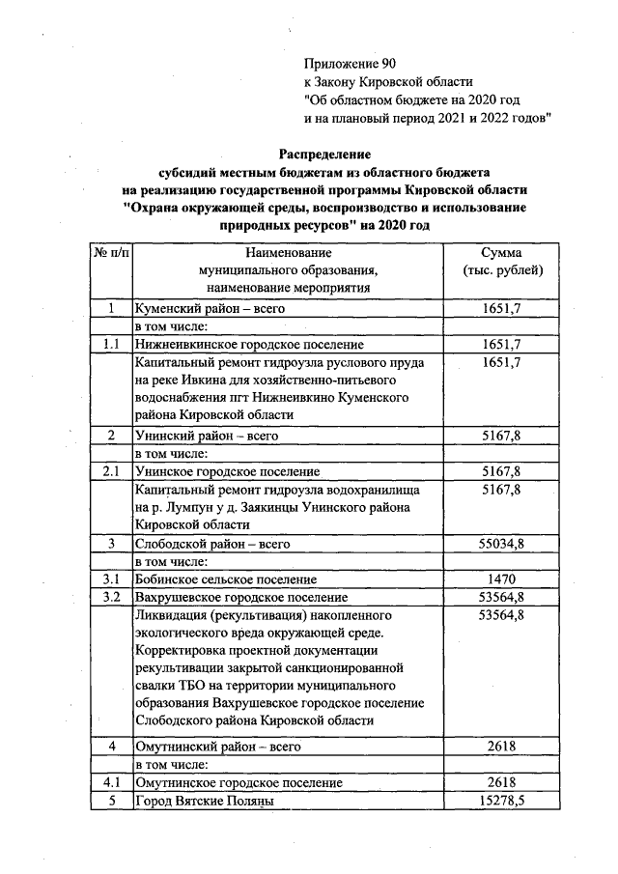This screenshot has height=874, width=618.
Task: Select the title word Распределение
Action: tap(324, 153)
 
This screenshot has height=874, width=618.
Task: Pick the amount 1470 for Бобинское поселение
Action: tap(501, 579)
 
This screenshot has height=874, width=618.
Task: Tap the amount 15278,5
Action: tap(501, 801)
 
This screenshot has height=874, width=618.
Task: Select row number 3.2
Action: tap(111, 598)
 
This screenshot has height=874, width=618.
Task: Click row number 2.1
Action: tap(111, 471)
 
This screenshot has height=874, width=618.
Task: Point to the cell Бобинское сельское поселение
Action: tap(226, 579)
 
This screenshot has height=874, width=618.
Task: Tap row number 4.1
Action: tap(111, 782)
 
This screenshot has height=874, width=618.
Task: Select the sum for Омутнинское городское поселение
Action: tap(501, 782)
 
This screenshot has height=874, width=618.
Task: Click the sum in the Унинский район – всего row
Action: tap(501, 436)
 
